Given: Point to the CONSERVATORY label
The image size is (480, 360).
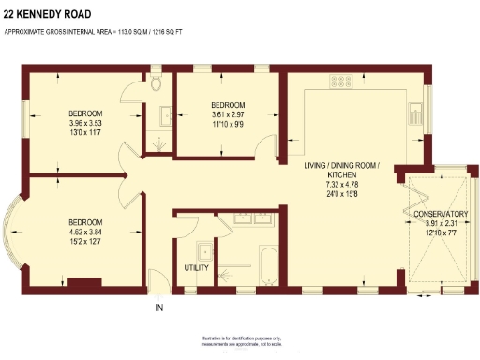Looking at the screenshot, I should pyautogui.click(x=440, y=215).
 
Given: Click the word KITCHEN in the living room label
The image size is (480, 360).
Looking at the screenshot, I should pyautogui.click(x=341, y=175).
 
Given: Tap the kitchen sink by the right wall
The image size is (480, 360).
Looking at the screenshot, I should pyautogui.click(x=412, y=114).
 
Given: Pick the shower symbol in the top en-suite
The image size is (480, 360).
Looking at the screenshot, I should pyautogui.click(x=157, y=142).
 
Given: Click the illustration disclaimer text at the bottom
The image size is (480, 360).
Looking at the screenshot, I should pyautogui.click(x=240, y=339).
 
